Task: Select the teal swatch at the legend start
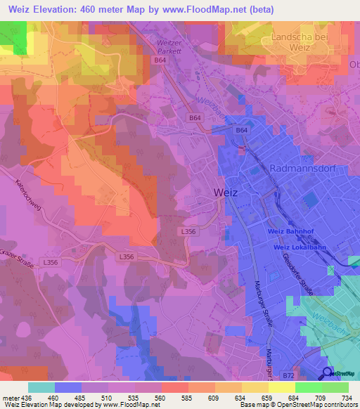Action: click(41, 387)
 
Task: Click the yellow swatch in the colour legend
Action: click(281, 387)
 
